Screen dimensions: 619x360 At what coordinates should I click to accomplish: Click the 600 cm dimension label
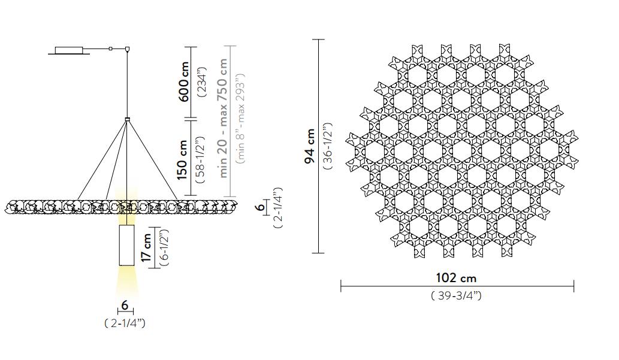pyautogui.click(x=183, y=81)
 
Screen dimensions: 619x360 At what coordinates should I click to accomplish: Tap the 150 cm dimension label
pyautogui.click(x=182, y=160)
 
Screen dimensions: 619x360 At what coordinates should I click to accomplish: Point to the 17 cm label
pyautogui.click(x=146, y=247)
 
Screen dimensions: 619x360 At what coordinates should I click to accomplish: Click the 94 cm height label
pyautogui.click(x=310, y=146)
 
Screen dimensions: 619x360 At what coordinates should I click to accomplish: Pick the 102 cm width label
pyautogui.click(x=456, y=278)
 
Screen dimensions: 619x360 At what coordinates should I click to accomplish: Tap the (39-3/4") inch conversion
pyautogui.click(x=456, y=295)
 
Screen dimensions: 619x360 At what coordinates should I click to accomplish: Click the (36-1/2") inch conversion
pyautogui.click(x=328, y=146)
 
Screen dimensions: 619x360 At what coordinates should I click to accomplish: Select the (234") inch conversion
pyautogui.click(x=202, y=81)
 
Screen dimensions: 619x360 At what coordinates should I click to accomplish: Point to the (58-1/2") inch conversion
pyautogui.click(x=200, y=160)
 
